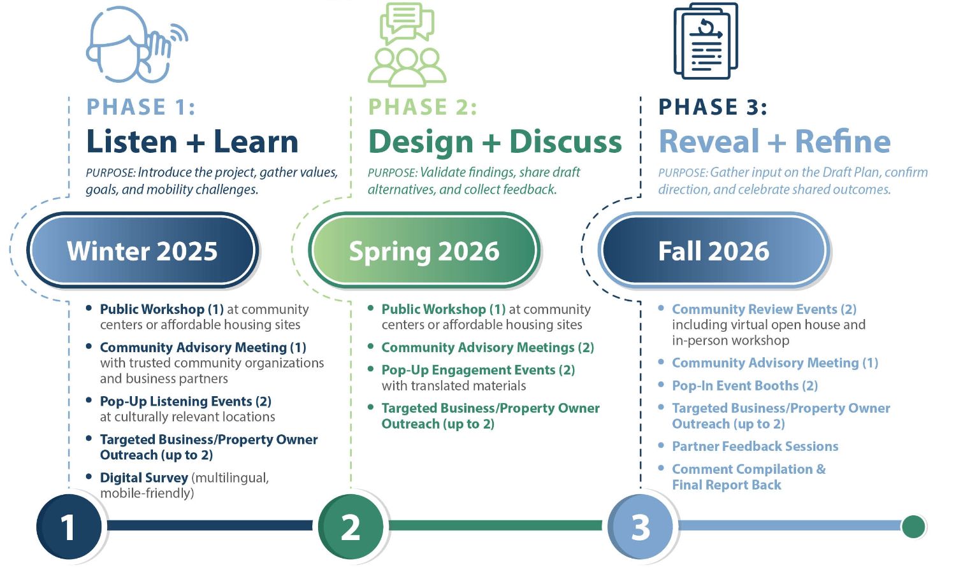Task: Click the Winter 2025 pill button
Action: coord(142,251)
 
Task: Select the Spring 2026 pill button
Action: coord(424,251)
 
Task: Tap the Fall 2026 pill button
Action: coord(714,251)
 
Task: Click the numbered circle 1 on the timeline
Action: coord(68,527)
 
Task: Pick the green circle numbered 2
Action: coord(351,527)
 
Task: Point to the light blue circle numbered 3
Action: coord(641,527)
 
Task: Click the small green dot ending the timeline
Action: coord(913,526)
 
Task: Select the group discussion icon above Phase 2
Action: coord(407,45)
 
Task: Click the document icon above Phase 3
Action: coord(706,41)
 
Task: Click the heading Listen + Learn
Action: coord(192,141)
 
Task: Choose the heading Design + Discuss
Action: coord(495,141)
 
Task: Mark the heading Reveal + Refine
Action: coord(774,141)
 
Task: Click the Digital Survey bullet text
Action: coord(144,478)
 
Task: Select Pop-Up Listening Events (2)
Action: coord(185,401)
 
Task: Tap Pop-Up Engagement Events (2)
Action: coord(478,370)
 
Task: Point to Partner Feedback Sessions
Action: coord(755,446)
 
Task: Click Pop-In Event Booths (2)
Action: coord(744,385)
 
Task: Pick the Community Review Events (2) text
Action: coord(764,309)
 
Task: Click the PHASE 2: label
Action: coord(423,107)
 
